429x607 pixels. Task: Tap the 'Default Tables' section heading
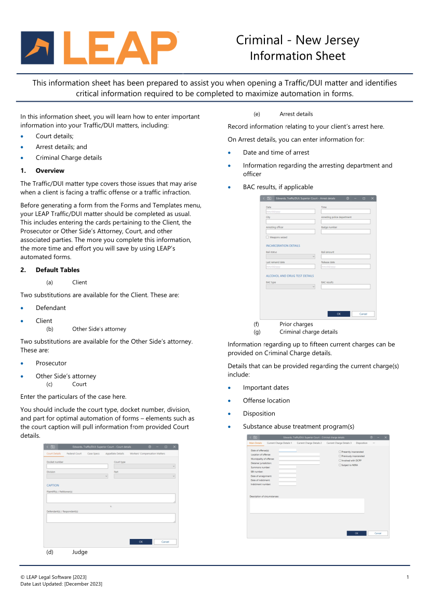pyautogui.click(x=57, y=270)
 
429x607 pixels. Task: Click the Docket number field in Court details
pyautogui.click(x=77, y=466)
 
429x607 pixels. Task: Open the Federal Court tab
pyautogui.click(x=74, y=454)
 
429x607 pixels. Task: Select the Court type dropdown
pyautogui.click(x=144, y=466)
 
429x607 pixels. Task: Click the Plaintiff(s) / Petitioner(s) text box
pyautogui.click(x=111, y=498)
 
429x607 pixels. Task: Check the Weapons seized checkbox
pyautogui.click(x=267, y=237)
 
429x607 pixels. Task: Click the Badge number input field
pyautogui.click(x=345, y=232)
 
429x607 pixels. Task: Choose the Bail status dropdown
pyautogui.click(x=290, y=257)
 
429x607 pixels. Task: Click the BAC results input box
pyautogui.click(x=345, y=287)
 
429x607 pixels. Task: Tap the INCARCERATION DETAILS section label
pyautogui.click(x=283, y=246)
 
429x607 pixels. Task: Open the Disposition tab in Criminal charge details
pyautogui.click(x=361, y=443)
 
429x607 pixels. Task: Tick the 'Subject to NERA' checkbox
pyautogui.click(x=340, y=465)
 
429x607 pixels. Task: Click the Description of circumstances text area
pyautogui.click(x=306, y=506)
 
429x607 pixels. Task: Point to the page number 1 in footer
pyautogui.click(x=408, y=577)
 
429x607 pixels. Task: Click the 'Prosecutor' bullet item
pyautogui.click(x=51, y=363)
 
